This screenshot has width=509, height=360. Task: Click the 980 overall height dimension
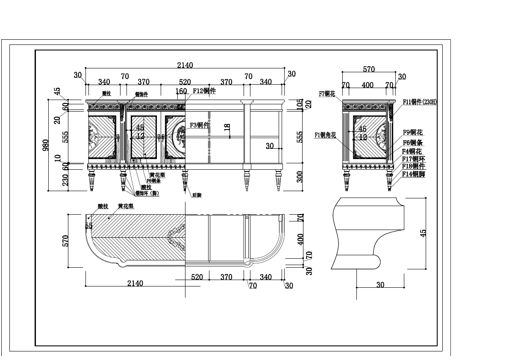click(45, 145)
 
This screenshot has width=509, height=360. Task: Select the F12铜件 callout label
click(204, 91)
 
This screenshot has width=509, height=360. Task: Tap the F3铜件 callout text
click(199, 125)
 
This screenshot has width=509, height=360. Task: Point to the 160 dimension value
click(181, 91)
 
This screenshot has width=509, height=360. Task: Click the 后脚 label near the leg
click(197, 195)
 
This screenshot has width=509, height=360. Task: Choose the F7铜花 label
click(327, 94)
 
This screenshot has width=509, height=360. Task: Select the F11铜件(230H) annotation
click(420, 102)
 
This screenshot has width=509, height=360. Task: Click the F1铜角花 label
click(325, 135)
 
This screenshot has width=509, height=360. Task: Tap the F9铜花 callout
click(413, 133)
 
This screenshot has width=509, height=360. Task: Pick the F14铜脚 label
click(413, 174)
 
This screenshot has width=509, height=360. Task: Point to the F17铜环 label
click(413, 159)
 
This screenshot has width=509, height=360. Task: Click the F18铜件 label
click(413, 166)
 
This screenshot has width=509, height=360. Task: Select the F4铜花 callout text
click(412, 151)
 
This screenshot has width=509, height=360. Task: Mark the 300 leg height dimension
click(300, 177)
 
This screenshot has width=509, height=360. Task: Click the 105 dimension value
click(300, 103)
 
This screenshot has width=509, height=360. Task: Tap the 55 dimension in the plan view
click(89, 226)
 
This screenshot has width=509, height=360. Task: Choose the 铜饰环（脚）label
click(147, 193)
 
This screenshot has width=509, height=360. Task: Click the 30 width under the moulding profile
click(380, 285)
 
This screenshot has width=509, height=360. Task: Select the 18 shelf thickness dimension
click(227, 127)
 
